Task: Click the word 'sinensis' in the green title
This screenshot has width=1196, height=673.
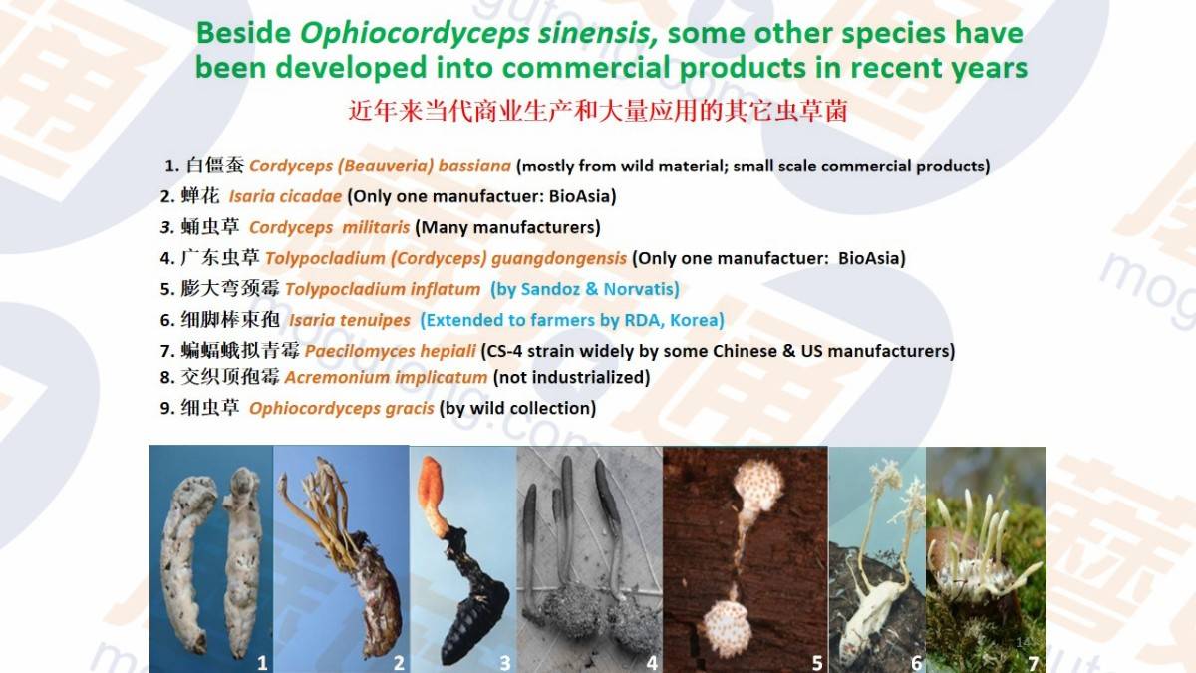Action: [598, 33]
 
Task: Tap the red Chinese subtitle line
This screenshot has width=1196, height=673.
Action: [598, 111]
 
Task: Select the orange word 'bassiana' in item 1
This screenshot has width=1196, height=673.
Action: [474, 166]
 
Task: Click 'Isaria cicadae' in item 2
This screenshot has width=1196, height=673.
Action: [285, 196]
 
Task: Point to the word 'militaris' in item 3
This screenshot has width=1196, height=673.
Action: [376, 227]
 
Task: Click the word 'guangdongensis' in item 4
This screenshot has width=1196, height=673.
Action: [559, 259]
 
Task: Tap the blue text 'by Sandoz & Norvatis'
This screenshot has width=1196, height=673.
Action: [585, 289]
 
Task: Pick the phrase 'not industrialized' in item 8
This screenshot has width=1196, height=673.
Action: [571, 377]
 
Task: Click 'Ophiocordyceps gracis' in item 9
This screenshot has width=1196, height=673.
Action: [341, 409]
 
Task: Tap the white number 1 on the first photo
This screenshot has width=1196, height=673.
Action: [262, 663]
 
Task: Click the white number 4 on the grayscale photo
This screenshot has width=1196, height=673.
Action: [652, 663]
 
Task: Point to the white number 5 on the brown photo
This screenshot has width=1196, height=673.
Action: [817, 663]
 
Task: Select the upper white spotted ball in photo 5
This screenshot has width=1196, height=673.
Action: [758, 485]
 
